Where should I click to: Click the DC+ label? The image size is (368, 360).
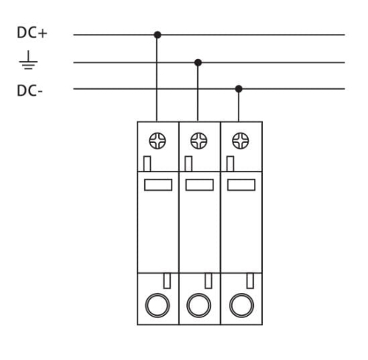click(x=30, y=34)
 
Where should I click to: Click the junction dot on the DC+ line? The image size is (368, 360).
click(x=158, y=35)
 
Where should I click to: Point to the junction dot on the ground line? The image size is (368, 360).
click(x=197, y=62)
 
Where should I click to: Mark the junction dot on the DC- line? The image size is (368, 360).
click(x=238, y=89)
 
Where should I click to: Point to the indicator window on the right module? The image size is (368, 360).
click(x=240, y=185)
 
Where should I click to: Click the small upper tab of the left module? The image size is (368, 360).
click(x=147, y=163)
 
